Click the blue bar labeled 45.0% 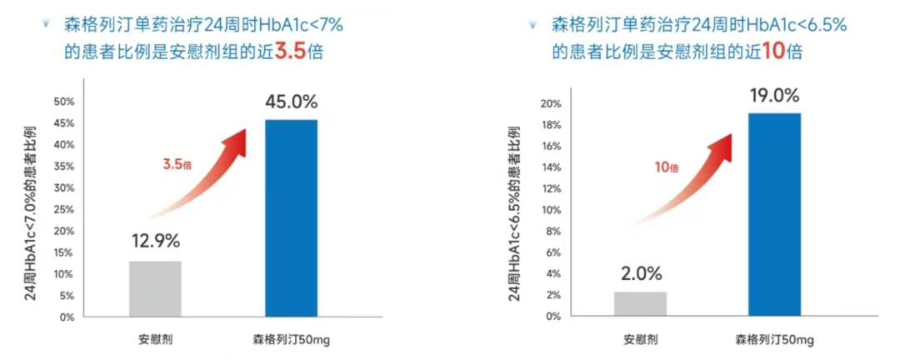tap(291, 218)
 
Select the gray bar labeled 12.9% tap(155, 289)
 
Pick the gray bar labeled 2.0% tap(640, 304)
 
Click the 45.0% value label tap(291, 102)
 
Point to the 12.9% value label tap(155, 242)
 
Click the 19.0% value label tap(774, 94)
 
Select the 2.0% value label tap(640, 273)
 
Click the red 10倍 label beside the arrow tap(666, 167)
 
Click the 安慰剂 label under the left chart tap(156, 340)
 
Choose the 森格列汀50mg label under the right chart tap(774, 340)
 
